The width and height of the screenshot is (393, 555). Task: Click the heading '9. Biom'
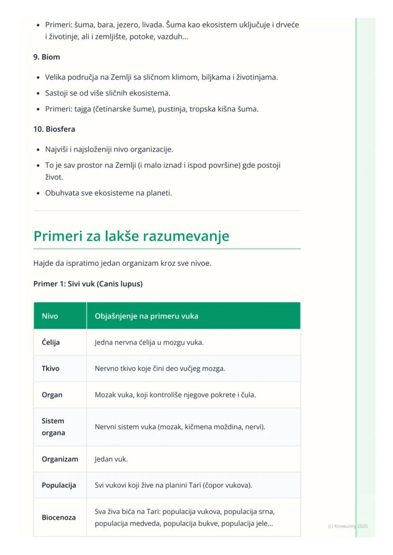(x=47, y=57)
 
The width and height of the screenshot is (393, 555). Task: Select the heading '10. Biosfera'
(x=54, y=129)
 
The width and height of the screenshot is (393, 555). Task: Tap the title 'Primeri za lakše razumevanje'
(x=131, y=236)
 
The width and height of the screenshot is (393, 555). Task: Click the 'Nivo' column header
(x=50, y=316)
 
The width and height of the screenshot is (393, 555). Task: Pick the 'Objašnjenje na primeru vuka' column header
(x=146, y=316)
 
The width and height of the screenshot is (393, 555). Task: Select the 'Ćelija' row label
(x=51, y=342)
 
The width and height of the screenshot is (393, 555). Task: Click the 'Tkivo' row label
(x=51, y=368)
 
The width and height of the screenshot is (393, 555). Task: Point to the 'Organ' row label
(x=52, y=395)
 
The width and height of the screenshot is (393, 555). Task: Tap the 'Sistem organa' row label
(x=53, y=427)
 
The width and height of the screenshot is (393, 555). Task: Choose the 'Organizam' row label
(x=60, y=459)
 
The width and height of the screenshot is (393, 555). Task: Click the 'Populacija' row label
(x=59, y=485)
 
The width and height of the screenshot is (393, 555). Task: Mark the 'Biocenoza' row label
(x=59, y=518)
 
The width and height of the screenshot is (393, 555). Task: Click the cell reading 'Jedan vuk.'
(x=111, y=459)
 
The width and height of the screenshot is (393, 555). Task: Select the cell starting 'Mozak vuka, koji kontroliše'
(x=175, y=395)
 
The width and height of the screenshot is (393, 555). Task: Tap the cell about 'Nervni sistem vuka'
(x=180, y=427)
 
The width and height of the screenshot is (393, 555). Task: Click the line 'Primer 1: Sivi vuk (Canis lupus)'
(x=88, y=284)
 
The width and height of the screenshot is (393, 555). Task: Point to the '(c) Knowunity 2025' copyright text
(x=347, y=526)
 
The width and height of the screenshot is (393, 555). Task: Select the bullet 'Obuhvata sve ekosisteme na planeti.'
(x=108, y=193)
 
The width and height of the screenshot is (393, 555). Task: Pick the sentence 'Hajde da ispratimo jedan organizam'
(x=122, y=263)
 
